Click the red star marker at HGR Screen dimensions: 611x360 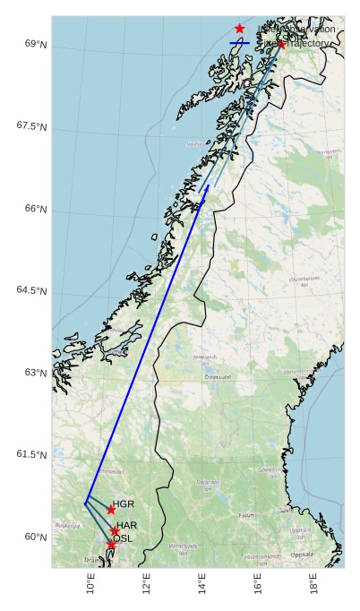click(111, 510)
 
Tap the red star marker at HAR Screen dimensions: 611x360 click(115, 531)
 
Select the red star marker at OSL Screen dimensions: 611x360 click(111, 545)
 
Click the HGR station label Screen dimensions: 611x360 click(124, 504)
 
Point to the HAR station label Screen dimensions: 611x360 click(127, 525)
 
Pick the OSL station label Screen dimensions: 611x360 click(123, 538)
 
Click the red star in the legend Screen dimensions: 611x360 click(239, 29)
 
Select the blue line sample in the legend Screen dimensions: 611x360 click(239, 43)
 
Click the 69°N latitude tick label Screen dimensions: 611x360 click(35, 44)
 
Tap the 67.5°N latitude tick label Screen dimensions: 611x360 click(31, 126)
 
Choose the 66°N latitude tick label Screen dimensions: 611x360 click(35, 209)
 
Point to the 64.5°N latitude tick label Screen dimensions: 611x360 click(31, 290)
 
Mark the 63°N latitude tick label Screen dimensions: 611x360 click(35, 373)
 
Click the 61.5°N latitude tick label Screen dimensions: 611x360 click(31, 455)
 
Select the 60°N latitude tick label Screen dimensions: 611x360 click(35, 538)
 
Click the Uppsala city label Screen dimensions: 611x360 click(303, 554)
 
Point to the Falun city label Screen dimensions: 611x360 click(246, 516)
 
